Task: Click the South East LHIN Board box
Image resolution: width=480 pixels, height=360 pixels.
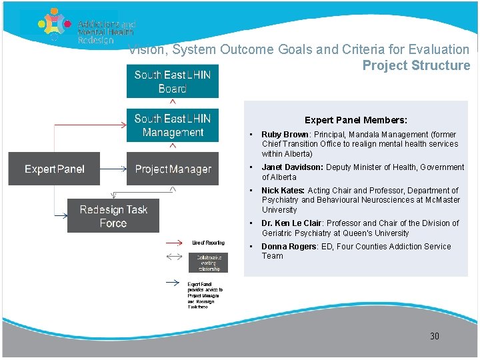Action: [x=172, y=81]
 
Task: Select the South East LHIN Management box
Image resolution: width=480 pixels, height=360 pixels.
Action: [x=172, y=125]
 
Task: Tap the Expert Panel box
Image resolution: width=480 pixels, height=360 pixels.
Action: [x=54, y=169]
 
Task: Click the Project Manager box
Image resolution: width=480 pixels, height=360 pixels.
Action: [x=173, y=169]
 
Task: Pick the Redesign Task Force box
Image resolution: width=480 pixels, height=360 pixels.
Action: [x=113, y=216]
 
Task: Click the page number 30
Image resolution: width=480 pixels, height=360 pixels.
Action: [x=434, y=336]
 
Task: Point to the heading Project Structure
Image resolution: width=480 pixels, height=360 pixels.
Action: [x=416, y=65]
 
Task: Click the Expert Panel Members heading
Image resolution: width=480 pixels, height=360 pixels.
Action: [x=355, y=121]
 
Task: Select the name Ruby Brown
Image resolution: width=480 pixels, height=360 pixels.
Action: [x=285, y=135]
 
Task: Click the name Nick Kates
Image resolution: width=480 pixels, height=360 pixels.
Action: [x=283, y=191]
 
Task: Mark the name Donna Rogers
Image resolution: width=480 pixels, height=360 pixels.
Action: [x=288, y=247]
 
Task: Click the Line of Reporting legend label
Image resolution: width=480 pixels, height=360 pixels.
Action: [x=208, y=243]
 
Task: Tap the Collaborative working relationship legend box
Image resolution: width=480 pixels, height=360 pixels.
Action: [x=208, y=262]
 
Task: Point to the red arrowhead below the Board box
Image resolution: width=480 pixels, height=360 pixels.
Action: [x=173, y=102]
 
